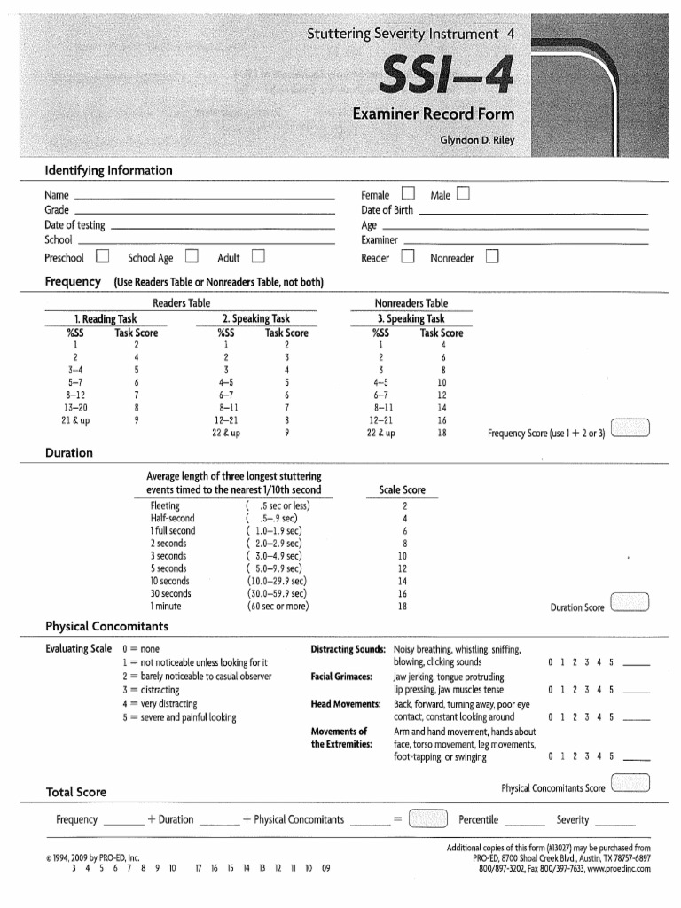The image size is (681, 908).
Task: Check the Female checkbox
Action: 408,194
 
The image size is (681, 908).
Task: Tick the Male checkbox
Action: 464,194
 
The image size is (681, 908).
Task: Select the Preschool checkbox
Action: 103,258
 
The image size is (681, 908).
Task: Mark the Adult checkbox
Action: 258,258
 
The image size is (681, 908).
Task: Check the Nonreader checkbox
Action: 493,258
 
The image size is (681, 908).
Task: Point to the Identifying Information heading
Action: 109,170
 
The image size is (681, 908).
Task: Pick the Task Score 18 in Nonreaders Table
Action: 441,434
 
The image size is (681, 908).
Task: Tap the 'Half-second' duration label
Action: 172,518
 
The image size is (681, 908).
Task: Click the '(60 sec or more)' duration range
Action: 278,607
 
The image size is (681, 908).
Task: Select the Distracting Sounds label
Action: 347,649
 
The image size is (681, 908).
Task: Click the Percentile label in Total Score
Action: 478,819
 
